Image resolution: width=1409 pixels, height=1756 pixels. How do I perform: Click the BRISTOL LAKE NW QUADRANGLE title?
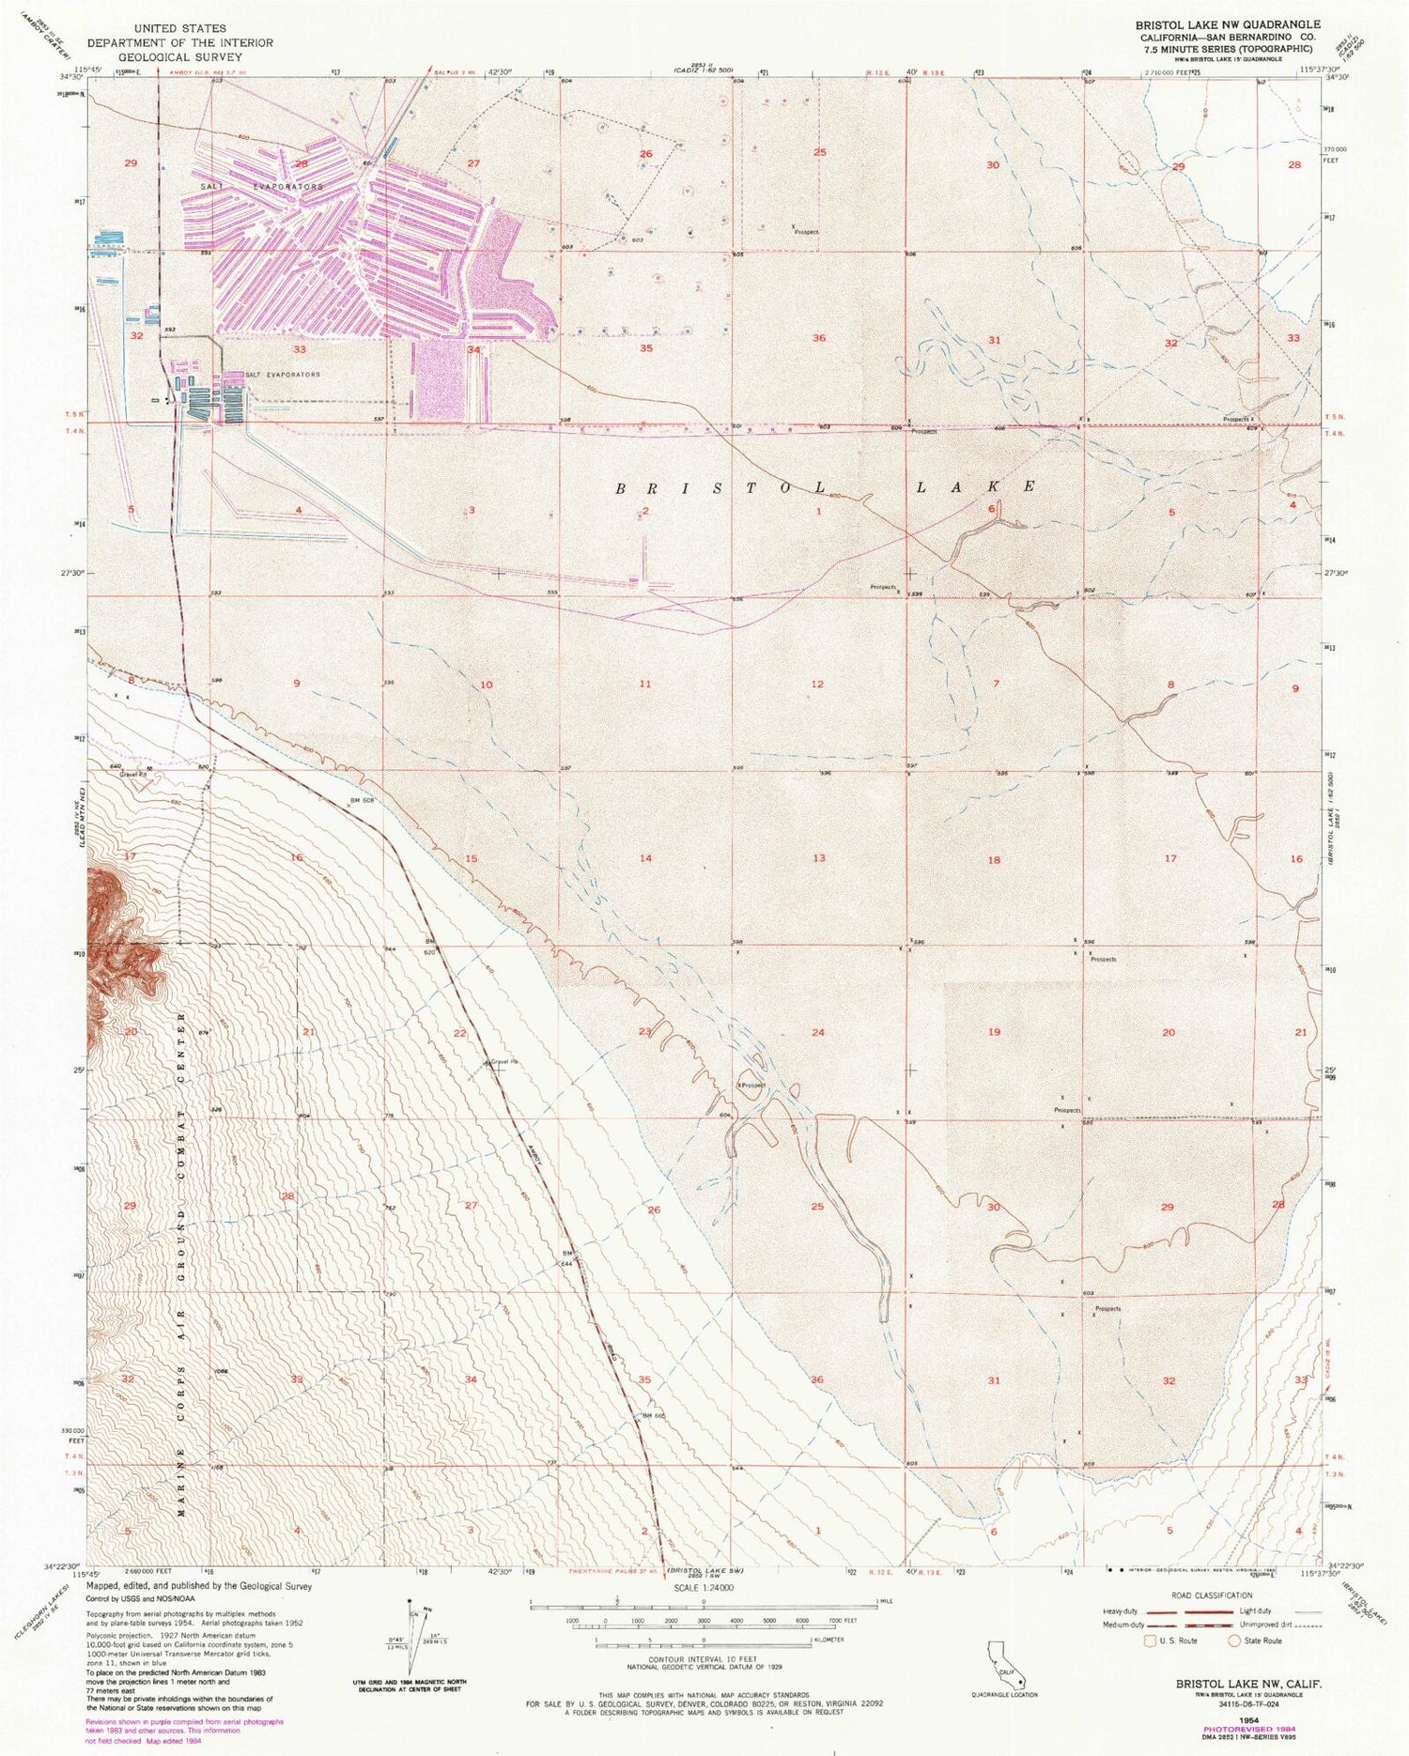coord(1228,24)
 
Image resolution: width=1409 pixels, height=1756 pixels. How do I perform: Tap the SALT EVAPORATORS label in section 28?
coord(261,187)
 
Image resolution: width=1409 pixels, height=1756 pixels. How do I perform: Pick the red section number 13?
coord(819,858)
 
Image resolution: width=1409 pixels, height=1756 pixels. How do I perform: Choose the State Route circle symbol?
coord(1234,1640)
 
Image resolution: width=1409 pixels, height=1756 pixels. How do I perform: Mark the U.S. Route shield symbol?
coord(1149,1640)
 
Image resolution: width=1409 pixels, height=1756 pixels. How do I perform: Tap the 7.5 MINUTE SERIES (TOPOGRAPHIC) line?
coord(1228,50)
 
